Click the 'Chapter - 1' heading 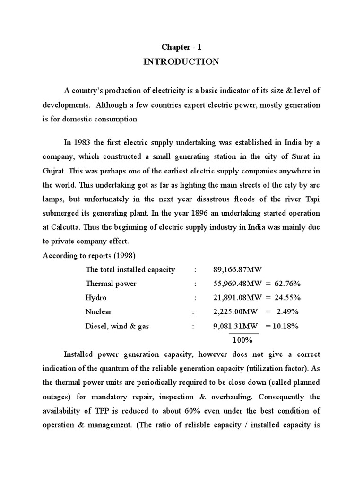point(181,47)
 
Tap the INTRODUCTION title point(181,62)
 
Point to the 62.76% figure point(285,284)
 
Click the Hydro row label point(96,298)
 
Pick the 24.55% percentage point(285,298)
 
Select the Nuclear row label point(98,312)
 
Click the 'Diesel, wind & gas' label point(117,326)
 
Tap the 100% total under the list point(242,340)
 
